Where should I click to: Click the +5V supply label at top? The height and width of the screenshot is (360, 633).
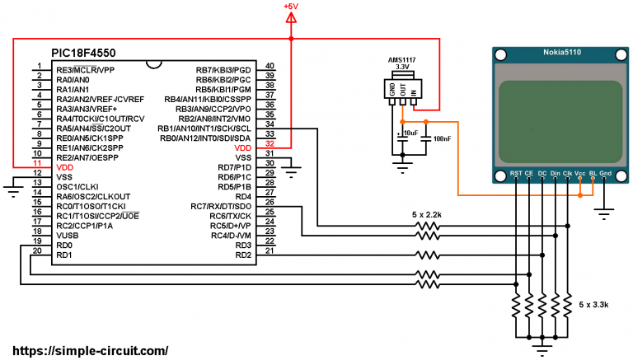point(291,7)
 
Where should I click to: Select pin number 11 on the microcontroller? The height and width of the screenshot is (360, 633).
point(36,166)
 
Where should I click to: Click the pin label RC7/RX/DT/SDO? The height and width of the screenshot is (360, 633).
point(220,206)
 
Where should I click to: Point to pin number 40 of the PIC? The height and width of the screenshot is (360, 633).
point(270,68)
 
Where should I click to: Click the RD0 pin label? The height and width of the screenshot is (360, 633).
point(64,245)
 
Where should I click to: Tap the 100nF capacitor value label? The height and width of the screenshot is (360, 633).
point(442,139)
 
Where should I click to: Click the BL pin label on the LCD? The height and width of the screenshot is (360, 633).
point(592,173)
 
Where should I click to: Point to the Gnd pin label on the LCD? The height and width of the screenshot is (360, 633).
point(606,173)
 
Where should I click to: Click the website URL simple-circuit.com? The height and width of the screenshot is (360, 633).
point(86,350)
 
